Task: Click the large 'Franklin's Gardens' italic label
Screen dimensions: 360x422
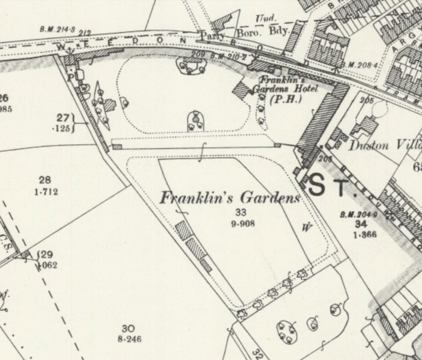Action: click(229, 199)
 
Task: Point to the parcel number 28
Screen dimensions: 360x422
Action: click(44, 180)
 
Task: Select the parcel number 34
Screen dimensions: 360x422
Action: click(360, 224)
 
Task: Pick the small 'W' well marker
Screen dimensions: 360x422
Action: click(305, 227)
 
